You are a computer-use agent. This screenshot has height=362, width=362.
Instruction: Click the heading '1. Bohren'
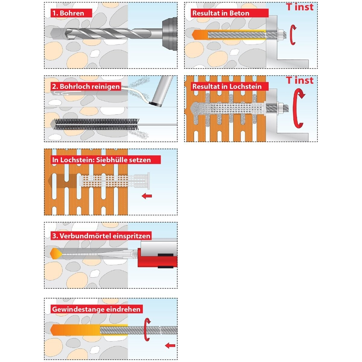[68, 13]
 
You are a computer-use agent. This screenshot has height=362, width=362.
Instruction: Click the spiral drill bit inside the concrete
[100, 33]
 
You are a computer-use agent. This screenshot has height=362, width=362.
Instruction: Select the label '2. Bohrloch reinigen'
[86, 87]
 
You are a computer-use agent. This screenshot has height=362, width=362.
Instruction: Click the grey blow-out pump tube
[163, 91]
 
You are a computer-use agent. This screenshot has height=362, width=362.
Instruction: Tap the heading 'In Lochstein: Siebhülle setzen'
[102, 160]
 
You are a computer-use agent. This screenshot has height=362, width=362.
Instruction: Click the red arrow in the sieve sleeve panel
[147, 196]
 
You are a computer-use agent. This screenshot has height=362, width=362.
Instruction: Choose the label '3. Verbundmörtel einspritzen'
[101, 236]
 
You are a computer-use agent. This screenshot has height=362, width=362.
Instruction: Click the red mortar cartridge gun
[157, 256]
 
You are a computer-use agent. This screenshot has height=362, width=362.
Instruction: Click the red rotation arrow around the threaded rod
[147, 329]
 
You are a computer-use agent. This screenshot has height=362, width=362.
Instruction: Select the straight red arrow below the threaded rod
[170, 345]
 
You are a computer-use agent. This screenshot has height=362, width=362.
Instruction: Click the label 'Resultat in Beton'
[221, 13]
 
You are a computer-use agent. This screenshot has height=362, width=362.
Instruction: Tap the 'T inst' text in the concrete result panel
[300, 7]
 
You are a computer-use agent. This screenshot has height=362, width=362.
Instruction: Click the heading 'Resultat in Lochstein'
[227, 87]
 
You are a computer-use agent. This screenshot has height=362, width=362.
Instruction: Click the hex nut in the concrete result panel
[281, 34]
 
